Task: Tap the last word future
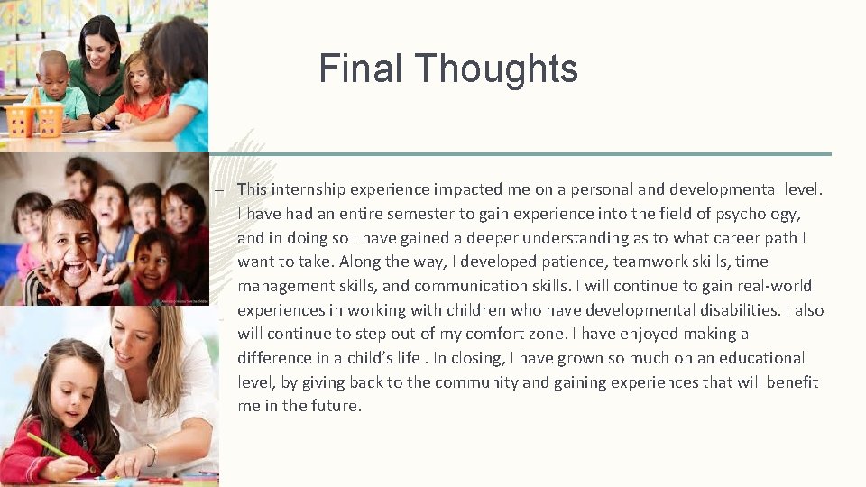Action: pyautogui.click(x=336, y=406)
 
